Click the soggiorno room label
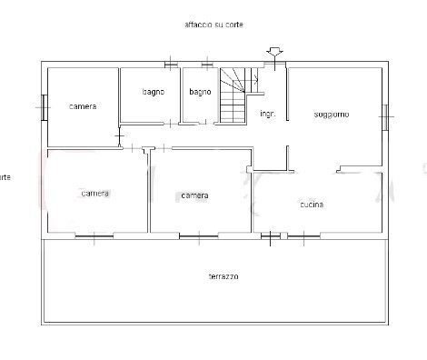[x=332, y=114]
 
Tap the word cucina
[x=312, y=205]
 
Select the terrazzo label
[x=223, y=276]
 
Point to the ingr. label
[x=267, y=114]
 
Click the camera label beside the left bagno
[x=83, y=106]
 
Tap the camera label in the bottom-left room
[x=94, y=194]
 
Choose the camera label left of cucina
[x=194, y=195]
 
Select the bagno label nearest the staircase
[x=200, y=91]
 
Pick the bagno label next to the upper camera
[x=153, y=91]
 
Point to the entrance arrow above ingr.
[x=273, y=53]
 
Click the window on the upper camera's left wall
[x=43, y=106]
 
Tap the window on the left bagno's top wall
[x=170, y=64]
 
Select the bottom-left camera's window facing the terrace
[x=94, y=235]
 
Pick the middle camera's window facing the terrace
[x=200, y=235]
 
